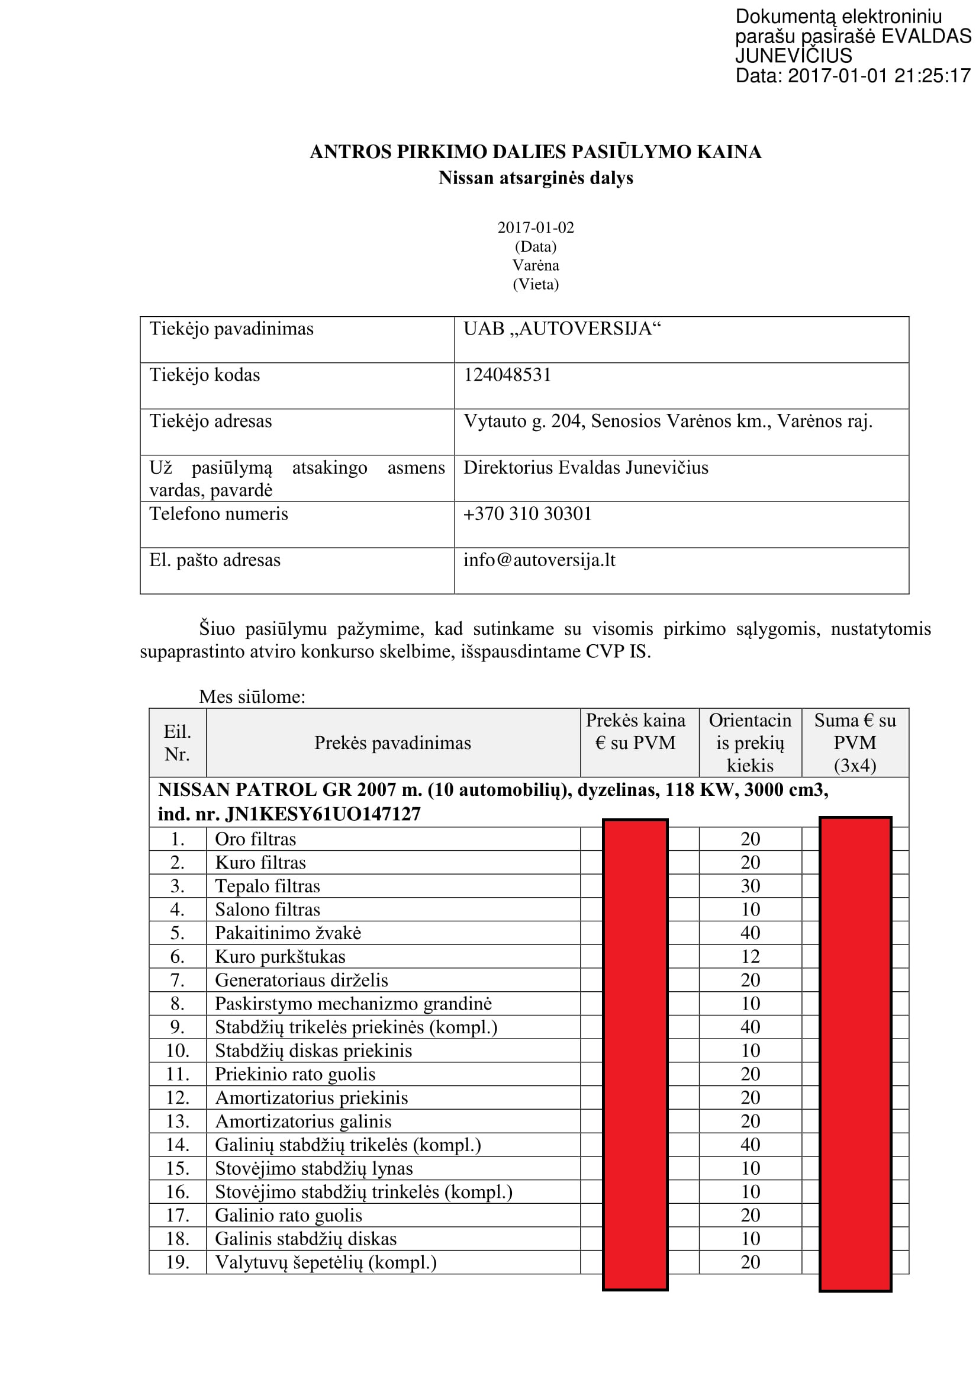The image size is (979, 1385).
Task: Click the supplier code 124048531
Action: tap(507, 375)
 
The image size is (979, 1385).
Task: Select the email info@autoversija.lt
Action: tap(539, 560)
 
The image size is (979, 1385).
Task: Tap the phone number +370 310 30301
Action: tap(527, 514)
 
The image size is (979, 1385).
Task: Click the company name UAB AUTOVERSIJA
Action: tap(562, 329)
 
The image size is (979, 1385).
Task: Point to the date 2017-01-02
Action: tap(535, 227)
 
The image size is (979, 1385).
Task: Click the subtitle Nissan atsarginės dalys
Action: tap(535, 178)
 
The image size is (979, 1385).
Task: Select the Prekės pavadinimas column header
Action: tap(392, 743)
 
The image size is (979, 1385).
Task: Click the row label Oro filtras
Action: tap(256, 839)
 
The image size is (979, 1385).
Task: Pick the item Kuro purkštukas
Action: tap(281, 957)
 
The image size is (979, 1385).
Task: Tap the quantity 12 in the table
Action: tap(750, 957)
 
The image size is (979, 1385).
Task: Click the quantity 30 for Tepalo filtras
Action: tap(750, 886)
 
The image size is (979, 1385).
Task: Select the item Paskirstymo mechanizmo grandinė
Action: tap(353, 1004)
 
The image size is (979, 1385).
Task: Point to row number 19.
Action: tap(177, 1262)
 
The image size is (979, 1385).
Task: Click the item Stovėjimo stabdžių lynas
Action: tap(314, 1168)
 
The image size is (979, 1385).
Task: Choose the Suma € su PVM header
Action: tap(855, 743)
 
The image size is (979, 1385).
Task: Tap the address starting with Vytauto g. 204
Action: tap(667, 421)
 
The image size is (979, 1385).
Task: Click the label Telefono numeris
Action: tap(219, 514)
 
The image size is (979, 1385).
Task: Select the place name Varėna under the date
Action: tap(535, 265)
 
